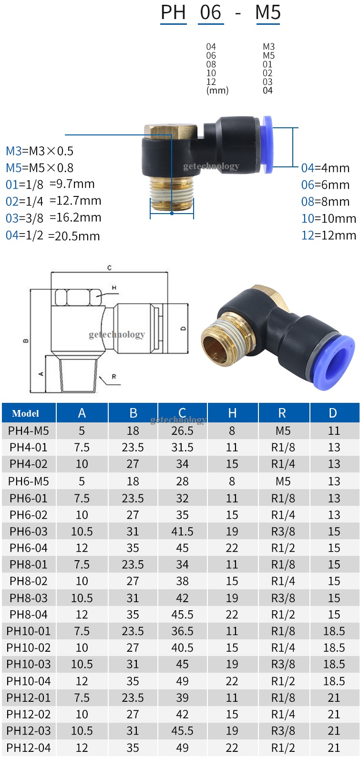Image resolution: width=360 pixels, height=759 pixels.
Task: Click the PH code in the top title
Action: pyautogui.click(x=173, y=12)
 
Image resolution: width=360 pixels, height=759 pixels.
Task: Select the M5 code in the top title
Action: pyautogui.click(x=267, y=12)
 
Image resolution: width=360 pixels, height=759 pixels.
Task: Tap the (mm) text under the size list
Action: pyautogui.click(x=217, y=91)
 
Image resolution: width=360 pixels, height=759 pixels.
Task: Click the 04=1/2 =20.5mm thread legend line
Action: pyautogui.click(x=52, y=236)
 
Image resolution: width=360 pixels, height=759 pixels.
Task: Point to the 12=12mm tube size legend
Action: pyautogui.click(x=329, y=235)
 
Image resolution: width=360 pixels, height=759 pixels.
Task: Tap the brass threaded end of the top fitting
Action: pyautogui.click(x=172, y=193)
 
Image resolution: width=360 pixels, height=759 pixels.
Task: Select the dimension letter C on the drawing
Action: pyautogui.click(x=109, y=268)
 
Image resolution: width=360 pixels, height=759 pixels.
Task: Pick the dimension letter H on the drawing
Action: pyautogui.click(x=114, y=287)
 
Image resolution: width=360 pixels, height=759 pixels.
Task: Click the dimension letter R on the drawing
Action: pyautogui.click(x=114, y=377)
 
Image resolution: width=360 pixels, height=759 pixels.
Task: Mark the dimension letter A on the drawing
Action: pyautogui.click(x=41, y=373)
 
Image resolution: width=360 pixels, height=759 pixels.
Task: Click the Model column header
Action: pyautogui.click(x=26, y=413)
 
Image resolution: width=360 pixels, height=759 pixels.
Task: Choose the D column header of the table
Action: pyautogui.click(x=332, y=413)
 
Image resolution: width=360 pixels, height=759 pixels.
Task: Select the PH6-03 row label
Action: pyautogui.click(x=29, y=532)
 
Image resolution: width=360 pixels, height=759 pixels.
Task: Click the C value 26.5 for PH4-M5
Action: pyautogui.click(x=182, y=431)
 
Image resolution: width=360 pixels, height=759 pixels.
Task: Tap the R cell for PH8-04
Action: pyautogui.click(x=283, y=615)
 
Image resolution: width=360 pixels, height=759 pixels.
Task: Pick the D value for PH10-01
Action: pyautogui.click(x=334, y=631)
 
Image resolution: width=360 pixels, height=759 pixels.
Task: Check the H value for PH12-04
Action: pyautogui.click(x=232, y=748)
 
